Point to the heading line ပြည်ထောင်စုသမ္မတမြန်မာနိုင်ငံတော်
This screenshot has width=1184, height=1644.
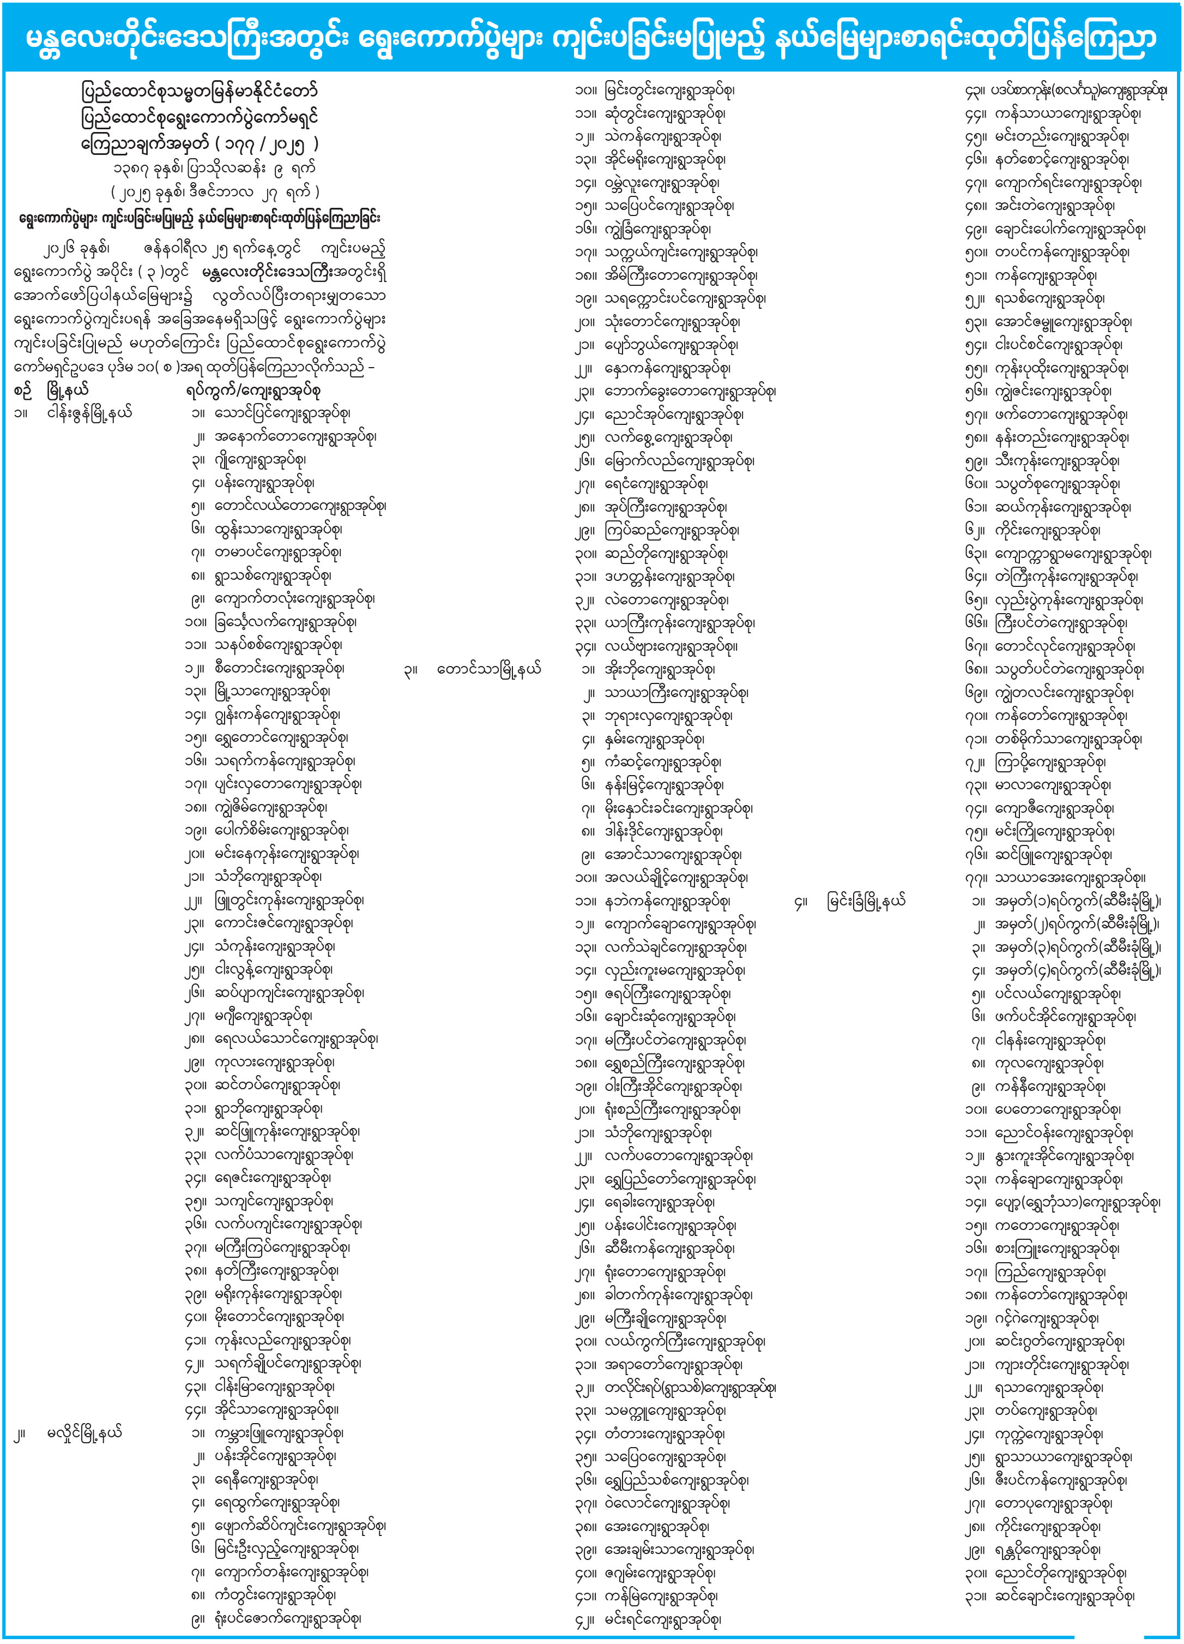click(200, 92)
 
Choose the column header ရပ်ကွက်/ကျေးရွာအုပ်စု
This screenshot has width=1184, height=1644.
click(253, 391)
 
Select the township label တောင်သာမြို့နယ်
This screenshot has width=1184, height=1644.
click(489, 669)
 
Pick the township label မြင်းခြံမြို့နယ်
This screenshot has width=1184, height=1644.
click(867, 901)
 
